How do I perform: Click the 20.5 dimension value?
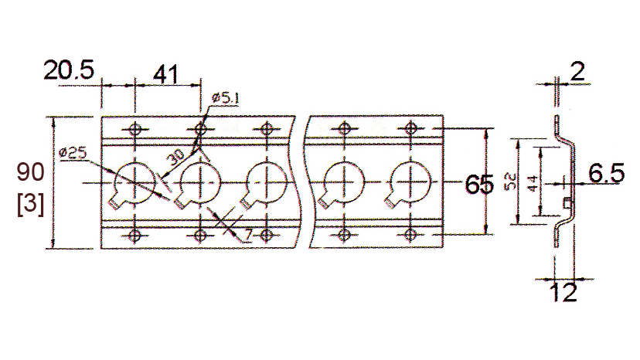coord(68,72)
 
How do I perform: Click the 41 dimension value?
coord(165,75)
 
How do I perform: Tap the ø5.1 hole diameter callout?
coord(225,97)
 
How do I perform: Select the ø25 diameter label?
coord(71,153)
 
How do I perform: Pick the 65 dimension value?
coord(481,185)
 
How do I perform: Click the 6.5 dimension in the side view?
coord(606,174)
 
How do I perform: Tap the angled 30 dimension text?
coord(177,157)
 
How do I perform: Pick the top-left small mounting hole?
coord(135,129)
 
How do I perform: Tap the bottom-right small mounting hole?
coord(410,234)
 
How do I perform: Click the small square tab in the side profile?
coord(567,202)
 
